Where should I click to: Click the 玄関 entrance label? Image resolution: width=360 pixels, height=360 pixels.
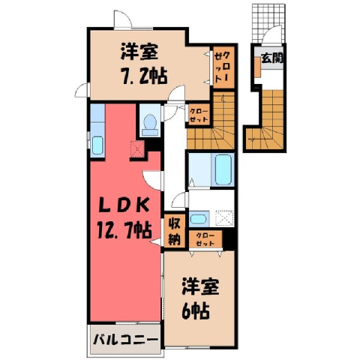271,58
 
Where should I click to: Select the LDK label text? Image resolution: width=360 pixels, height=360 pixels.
124,205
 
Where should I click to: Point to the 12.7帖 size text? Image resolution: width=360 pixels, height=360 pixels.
124,230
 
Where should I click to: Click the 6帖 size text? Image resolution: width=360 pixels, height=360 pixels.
196,311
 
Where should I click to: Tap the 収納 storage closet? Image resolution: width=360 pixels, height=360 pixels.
175,231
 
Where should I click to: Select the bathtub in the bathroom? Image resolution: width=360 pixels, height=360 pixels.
223,169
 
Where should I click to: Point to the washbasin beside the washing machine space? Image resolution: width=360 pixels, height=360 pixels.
198,219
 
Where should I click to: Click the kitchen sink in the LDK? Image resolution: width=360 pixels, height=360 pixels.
97,145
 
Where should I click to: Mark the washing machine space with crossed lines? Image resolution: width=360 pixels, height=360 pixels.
224,218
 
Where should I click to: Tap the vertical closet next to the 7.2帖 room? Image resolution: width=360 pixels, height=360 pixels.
223,67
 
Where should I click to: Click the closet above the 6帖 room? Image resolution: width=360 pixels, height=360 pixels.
205,239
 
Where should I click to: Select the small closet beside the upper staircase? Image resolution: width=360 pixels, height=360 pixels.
199,115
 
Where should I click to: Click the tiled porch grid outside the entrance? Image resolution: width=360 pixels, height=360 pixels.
268,23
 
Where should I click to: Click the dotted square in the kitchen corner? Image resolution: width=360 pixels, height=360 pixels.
137,149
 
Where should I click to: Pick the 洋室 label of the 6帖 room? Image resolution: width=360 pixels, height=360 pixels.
200,287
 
